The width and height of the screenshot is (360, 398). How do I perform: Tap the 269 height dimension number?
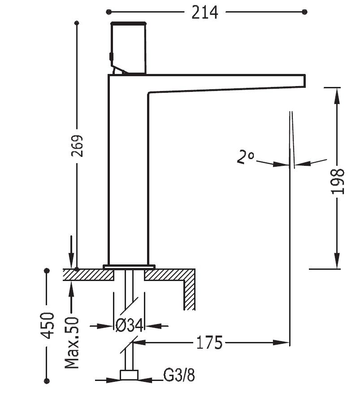[x=78, y=147]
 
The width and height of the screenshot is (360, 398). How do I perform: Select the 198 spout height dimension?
[x=338, y=182]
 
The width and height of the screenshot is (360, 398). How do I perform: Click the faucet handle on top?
[x=129, y=47]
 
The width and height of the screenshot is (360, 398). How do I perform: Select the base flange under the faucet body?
[x=129, y=267]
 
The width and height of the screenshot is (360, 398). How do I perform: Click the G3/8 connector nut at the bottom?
[x=129, y=376]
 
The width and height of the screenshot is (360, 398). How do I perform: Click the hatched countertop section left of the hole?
[x=88, y=275]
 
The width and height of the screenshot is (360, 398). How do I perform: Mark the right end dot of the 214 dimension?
[x=305, y=11]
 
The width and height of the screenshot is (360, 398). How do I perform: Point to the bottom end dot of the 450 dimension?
[x=47, y=381]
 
